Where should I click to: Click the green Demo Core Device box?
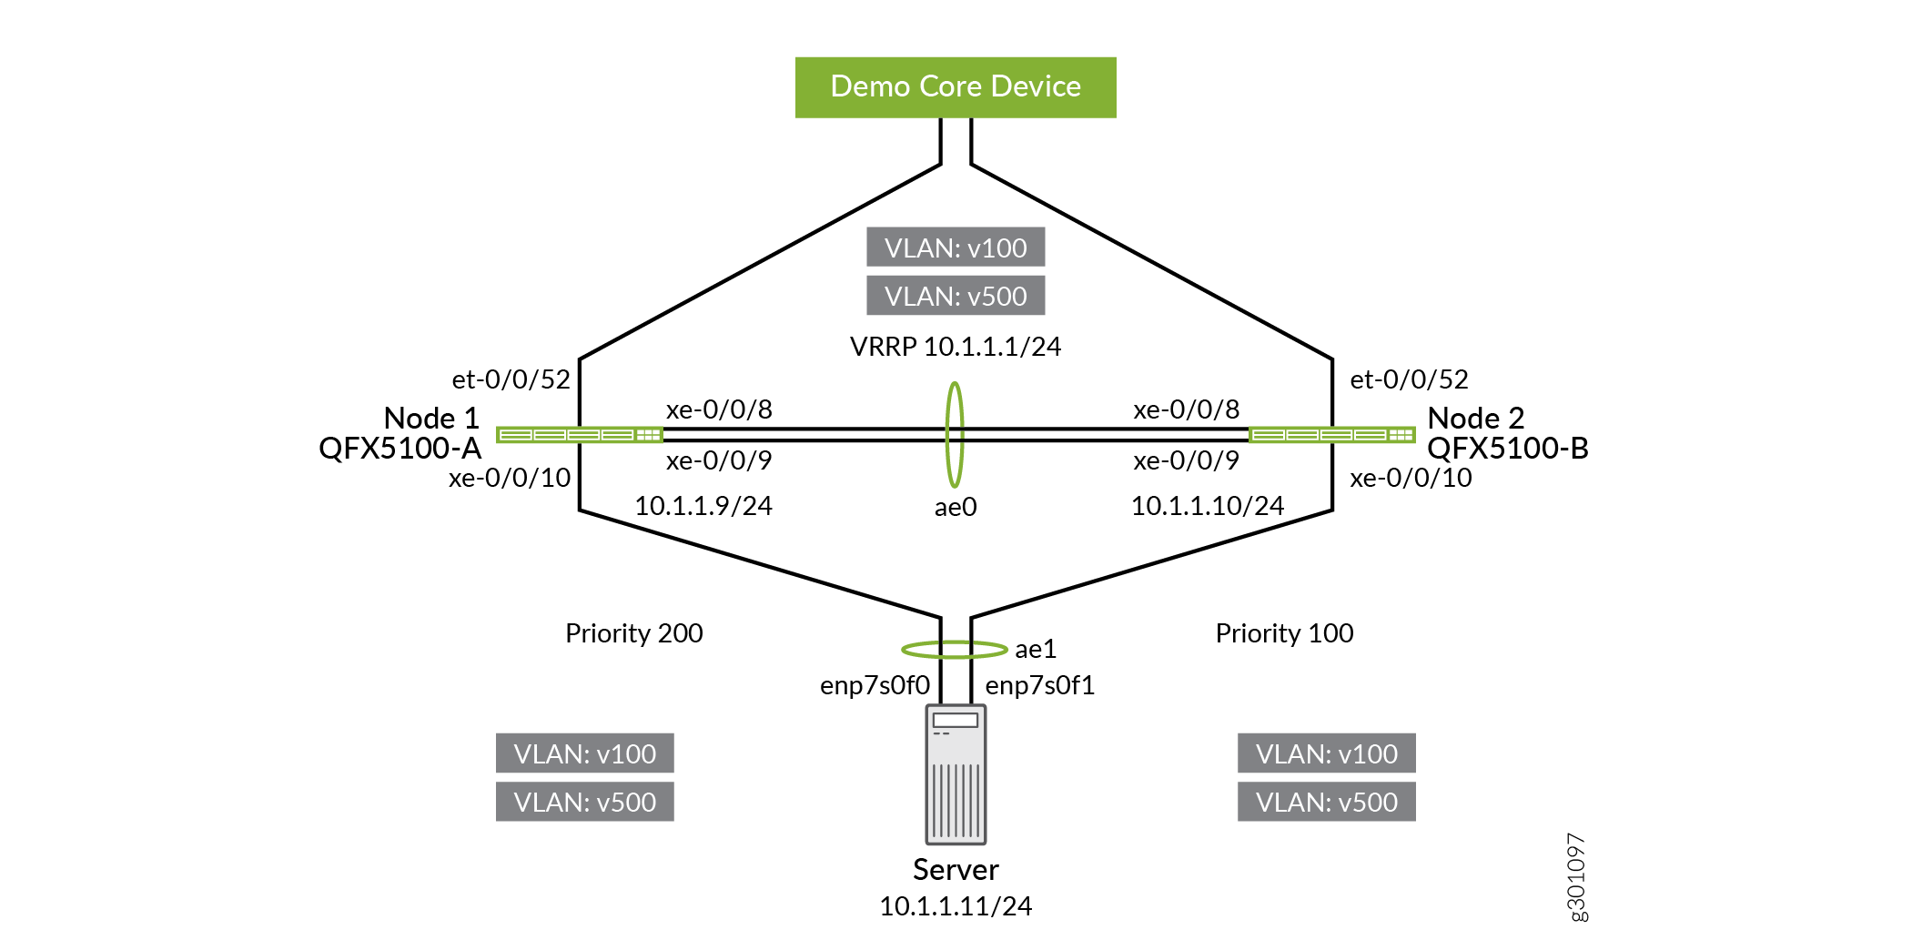[956, 87]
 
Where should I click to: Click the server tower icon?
[956, 774]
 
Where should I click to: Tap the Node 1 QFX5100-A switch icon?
[579, 435]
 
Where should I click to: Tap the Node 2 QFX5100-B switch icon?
[1332, 435]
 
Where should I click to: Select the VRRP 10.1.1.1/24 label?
[956, 347]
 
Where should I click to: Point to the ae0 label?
[956, 507]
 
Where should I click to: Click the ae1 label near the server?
[1036, 649]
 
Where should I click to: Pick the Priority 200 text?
[634, 633]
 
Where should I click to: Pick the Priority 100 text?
[1284, 633]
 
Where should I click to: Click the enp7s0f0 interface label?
[875, 685]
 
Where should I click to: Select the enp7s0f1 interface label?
[1040, 685]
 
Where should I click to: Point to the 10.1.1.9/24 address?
[703, 506]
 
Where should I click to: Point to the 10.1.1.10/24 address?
[1208, 506]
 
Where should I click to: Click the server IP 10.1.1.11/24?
[956, 906]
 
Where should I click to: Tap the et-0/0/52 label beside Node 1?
[511, 379]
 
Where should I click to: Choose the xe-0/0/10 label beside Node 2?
[1411, 478]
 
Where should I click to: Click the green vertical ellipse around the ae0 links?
[955, 391]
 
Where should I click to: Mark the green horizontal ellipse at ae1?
[910, 650]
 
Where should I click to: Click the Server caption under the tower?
[956, 870]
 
